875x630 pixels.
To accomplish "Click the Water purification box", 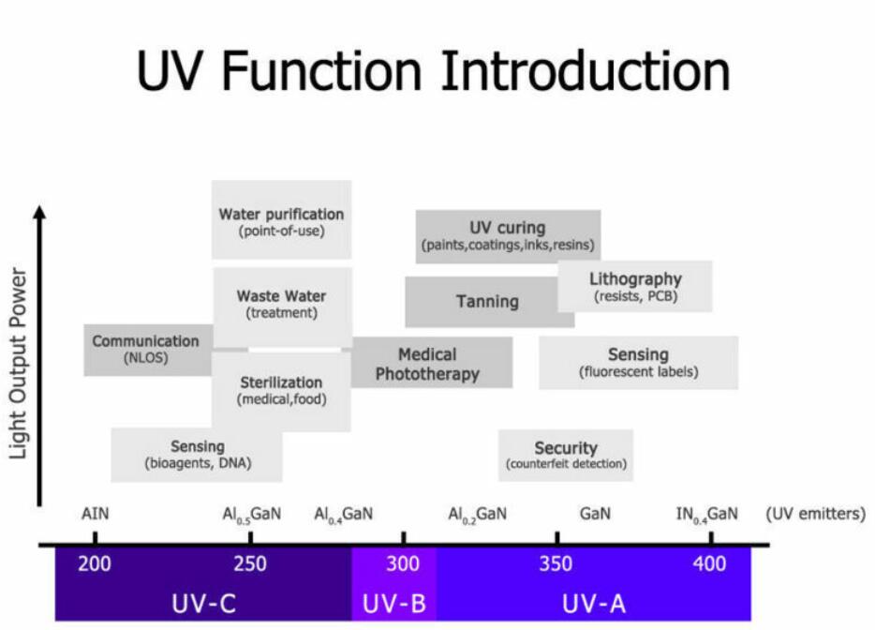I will click(281, 220).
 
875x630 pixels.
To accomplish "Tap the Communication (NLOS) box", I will click(145, 349).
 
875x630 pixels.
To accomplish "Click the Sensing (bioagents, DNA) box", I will click(197, 455).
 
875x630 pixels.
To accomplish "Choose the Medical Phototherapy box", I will click(428, 364).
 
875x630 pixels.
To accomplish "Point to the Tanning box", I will click(487, 302).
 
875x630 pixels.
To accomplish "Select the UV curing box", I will click(507, 235).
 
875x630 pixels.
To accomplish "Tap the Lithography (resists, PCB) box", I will click(635, 286).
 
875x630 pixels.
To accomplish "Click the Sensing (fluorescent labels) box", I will click(638, 362).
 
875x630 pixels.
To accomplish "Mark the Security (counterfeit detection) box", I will click(566, 455).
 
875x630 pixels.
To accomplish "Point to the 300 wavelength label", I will click(403, 564).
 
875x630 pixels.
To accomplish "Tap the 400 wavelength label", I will click(710, 564).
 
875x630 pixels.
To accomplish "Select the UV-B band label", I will click(393, 602).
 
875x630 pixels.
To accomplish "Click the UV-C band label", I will click(202, 602).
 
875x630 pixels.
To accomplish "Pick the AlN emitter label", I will click(95, 514).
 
